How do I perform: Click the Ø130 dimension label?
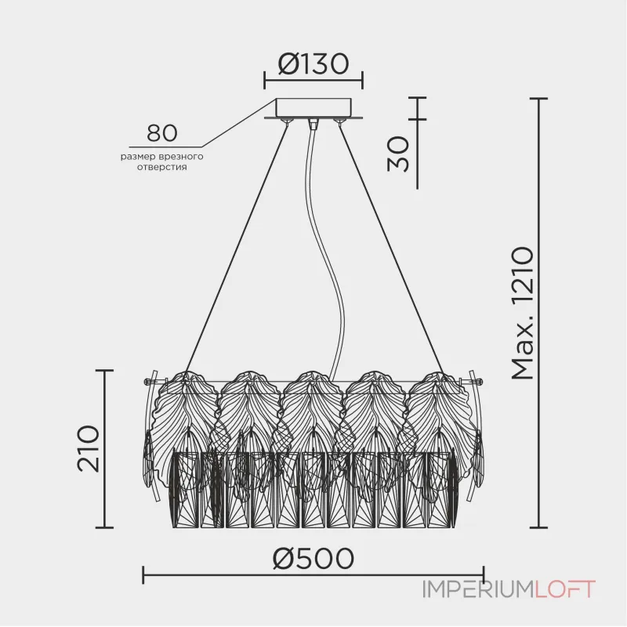[x=313, y=63]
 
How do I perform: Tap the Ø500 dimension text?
[x=313, y=558]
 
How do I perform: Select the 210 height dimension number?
[x=88, y=448]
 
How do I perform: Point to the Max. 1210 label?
[x=523, y=313]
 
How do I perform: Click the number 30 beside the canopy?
[x=398, y=154]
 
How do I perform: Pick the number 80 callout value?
[x=162, y=132]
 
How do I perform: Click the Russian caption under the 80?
[x=162, y=161]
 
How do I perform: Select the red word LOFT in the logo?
[x=565, y=589]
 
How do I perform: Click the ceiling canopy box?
[x=313, y=108]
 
